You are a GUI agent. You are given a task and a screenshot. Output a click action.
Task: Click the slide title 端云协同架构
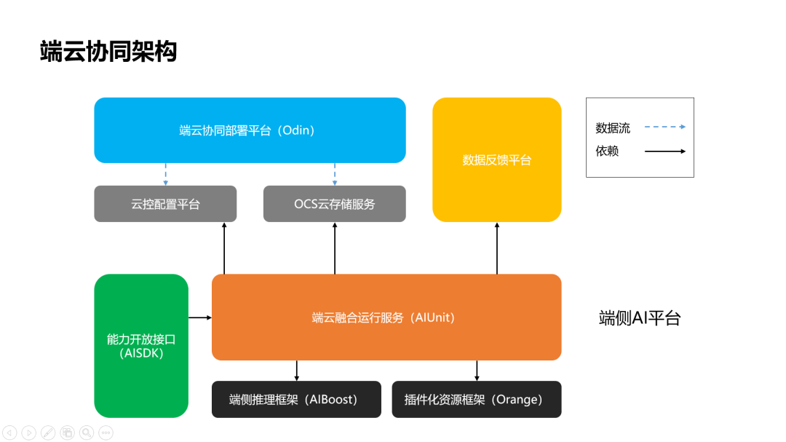pos(108,51)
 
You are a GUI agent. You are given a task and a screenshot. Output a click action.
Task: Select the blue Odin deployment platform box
pos(250,130)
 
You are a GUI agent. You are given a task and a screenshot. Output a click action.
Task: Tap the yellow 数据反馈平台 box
pos(497,159)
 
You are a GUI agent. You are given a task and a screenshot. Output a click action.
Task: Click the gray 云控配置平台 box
pos(165,204)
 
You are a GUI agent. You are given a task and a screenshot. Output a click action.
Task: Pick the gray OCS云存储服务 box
pos(334,204)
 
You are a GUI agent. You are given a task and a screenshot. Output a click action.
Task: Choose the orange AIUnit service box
pos(386,317)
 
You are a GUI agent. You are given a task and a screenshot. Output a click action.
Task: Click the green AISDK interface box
pos(141,346)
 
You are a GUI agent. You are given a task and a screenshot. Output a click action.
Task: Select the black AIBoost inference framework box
pos(296,399)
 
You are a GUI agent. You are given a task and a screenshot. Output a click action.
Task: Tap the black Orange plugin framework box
pos(477,399)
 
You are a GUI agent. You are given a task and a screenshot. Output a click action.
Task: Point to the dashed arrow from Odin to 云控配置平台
pos(165,174)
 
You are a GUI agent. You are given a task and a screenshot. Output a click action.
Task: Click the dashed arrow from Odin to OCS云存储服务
pos(335,174)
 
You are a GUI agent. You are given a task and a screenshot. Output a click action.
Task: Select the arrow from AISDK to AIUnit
pos(200,317)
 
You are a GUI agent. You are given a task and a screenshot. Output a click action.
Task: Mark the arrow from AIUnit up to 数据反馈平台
pos(497,248)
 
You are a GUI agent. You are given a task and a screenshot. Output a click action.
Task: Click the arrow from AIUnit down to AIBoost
pos(297,370)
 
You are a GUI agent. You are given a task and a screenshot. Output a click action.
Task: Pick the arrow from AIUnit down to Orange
pos(477,370)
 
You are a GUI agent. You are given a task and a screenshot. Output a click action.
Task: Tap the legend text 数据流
pos(613,128)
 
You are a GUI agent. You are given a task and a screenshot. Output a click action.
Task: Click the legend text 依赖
pos(607,151)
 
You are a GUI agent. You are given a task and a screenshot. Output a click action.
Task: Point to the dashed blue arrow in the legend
pos(664,127)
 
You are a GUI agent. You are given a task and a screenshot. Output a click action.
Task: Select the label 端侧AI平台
pos(640,318)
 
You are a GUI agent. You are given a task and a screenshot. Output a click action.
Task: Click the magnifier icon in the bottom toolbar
pos(87,433)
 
